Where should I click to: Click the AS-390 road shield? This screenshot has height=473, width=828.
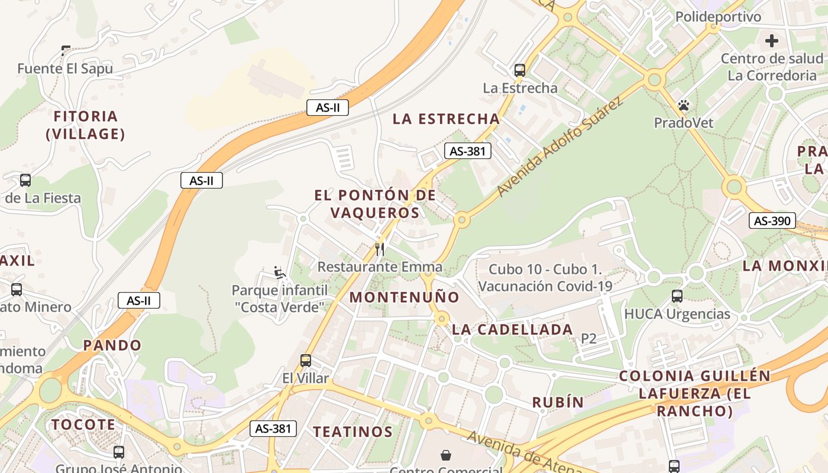click(x=772, y=221)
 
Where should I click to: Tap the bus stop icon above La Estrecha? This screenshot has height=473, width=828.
click(x=520, y=70)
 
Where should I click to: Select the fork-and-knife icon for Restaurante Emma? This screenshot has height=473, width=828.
click(x=380, y=250)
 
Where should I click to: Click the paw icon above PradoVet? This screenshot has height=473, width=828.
click(x=684, y=106)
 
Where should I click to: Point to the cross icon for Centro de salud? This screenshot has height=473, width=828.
click(x=771, y=41)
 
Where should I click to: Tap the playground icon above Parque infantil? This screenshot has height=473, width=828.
click(x=280, y=273)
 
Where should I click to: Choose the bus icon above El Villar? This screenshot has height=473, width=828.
click(x=306, y=360)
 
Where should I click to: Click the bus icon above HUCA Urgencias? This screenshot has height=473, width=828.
click(x=677, y=296)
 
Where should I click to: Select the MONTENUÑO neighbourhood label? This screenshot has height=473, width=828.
click(x=404, y=297)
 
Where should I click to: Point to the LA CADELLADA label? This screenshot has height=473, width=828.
click(x=512, y=329)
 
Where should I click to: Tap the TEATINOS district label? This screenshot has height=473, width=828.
click(x=352, y=432)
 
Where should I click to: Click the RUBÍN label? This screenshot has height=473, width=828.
click(x=558, y=403)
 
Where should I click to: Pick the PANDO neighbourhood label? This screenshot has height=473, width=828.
click(x=112, y=345)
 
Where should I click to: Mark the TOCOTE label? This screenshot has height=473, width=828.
click(x=83, y=425)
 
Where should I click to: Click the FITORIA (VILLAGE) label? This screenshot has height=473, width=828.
click(x=86, y=125)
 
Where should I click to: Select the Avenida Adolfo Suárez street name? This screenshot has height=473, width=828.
click(x=560, y=148)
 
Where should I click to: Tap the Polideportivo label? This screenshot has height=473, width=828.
click(x=718, y=17)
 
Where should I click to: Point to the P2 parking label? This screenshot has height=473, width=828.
click(x=588, y=338)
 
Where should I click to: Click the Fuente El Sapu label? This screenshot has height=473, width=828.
click(x=65, y=69)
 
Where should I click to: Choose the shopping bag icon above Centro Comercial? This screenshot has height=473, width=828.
click(x=445, y=455)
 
